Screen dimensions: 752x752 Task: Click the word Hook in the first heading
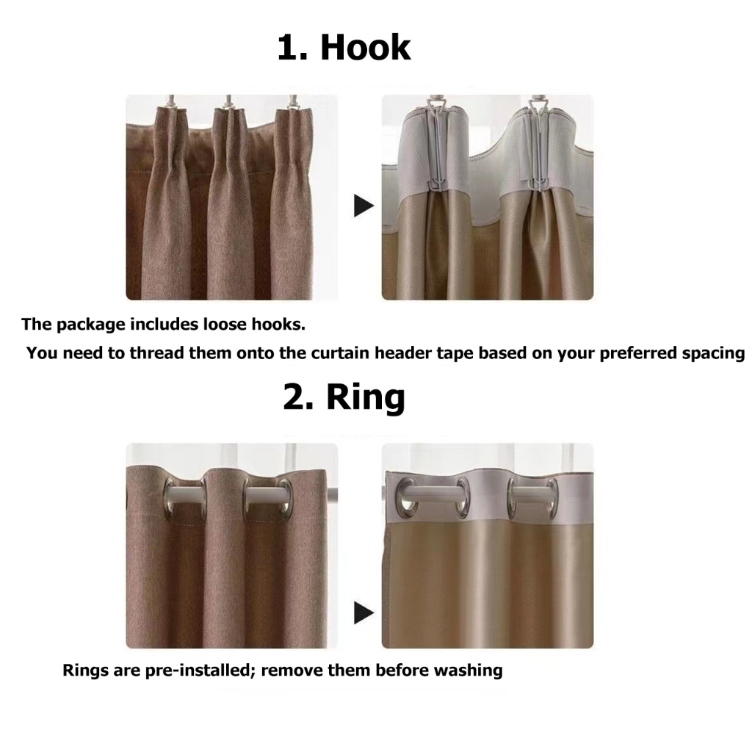click(x=366, y=48)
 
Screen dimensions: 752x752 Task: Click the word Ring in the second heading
click(x=366, y=397)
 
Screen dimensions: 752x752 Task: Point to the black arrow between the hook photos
click(x=364, y=206)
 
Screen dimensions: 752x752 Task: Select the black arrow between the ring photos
click(x=364, y=612)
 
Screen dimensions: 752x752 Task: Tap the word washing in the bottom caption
click(x=468, y=670)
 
